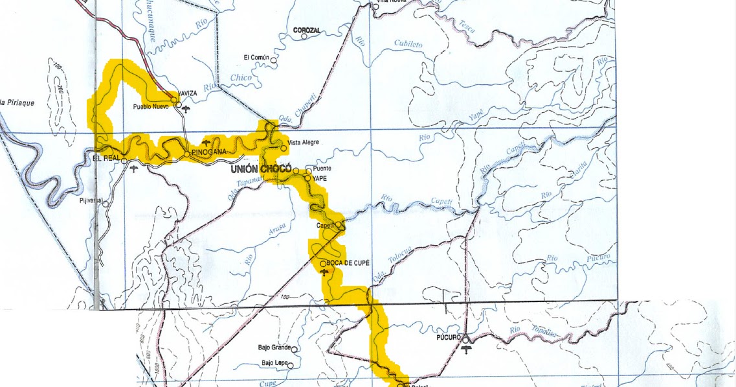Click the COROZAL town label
click(307, 30)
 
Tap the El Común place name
click(255, 58)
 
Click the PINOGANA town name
click(210, 152)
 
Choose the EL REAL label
click(107, 158)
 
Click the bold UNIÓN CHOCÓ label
click(261, 169)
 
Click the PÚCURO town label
click(448, 338)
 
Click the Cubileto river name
click(408, 44)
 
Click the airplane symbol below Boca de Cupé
click(325, 273)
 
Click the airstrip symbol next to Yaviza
click(186, 108)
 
